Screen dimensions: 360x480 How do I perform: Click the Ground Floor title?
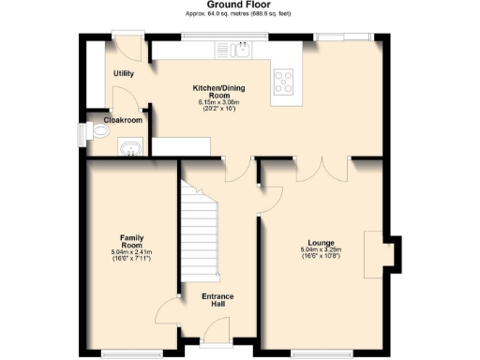coord(239,5)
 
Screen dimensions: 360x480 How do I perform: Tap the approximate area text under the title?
coord(239,14)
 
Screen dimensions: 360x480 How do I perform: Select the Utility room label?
coord(124,73)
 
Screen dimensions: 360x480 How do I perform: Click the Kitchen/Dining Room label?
coord(217,90)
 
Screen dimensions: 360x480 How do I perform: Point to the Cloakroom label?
coord(123,120)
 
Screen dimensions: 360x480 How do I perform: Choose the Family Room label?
coord(132,242)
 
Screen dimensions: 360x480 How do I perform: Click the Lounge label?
coord(321,242)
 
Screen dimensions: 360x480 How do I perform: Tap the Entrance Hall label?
coord(217,300)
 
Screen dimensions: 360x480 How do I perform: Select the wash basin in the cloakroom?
coord(129,147)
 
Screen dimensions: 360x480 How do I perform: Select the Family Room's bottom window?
coord(126,352)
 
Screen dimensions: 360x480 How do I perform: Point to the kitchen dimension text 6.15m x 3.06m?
coord(217,102)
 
